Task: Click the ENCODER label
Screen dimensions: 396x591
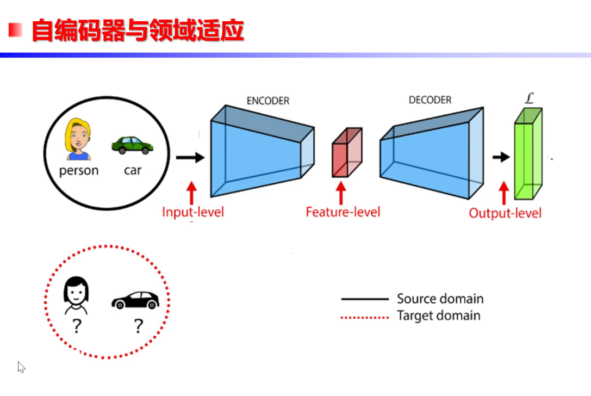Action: (267, 101)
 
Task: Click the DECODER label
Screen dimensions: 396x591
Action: (430, 100)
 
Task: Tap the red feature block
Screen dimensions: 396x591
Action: (346, 153)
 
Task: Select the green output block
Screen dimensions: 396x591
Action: (527, 155)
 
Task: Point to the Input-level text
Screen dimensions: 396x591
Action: (192, 212)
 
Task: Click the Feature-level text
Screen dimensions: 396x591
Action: (343, 212)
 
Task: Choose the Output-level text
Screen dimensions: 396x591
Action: (505, 213)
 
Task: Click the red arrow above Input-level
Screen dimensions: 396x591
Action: (191, 193)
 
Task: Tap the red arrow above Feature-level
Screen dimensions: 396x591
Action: (341, 193)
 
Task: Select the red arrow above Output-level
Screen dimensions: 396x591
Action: (503, 193)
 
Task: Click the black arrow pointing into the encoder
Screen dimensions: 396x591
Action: (190, 158)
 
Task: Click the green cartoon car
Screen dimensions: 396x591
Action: (132, 145)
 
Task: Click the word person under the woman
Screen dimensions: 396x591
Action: (79, 171)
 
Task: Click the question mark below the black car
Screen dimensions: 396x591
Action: (138, 326)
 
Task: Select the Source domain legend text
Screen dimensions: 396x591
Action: (440, 299)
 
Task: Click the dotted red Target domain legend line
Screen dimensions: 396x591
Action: (364, 317)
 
